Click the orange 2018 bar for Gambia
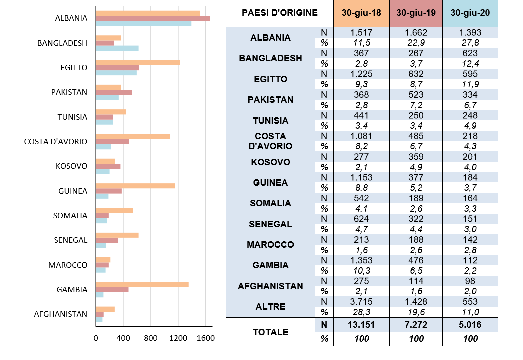click(x=142, y=284)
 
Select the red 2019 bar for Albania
click(x=152, y=18)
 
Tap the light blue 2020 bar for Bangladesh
click(x=117, y=48)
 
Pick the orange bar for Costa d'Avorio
click(x=133, y=136)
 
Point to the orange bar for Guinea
click(x=135, y=186)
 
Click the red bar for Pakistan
click(x=114, y=92)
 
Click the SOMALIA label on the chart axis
click(x=70, y=216)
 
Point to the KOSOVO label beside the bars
click(x=71, y=166)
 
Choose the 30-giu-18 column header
click(x=361, y=13)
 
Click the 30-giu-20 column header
click(x=470, y=13)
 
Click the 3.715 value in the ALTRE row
click(x=361, y=302)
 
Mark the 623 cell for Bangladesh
click(x=470, y=53)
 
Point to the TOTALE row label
click(x=270, y=332)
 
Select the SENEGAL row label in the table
click(x=270, y=224)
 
